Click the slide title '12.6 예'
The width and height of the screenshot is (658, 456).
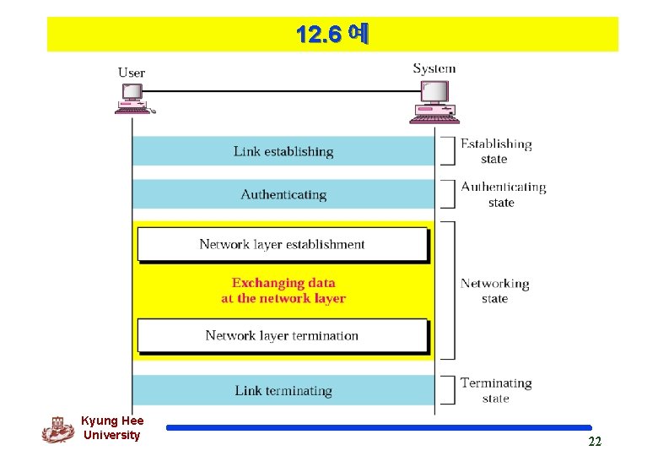pos(332,35)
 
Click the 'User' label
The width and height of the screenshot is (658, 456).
pos(132,73)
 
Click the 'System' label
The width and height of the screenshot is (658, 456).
pos(434,69)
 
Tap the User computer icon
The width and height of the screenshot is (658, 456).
pos(132,100)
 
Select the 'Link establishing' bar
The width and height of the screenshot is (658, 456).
pos(283,151)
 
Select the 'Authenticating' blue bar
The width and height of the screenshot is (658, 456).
pos(283,194)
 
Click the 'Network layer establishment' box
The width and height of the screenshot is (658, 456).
pos(282,244)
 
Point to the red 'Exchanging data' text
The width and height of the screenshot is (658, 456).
pos(283,290)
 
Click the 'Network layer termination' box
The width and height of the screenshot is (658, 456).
pos(282,335)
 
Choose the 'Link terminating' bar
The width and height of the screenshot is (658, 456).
pos(283,390)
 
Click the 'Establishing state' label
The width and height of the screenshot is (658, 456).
pos(495,151)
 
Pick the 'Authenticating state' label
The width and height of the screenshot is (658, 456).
pos(503,194)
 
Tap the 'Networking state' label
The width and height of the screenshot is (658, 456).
pos(494,290)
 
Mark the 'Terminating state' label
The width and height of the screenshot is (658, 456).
pos(496,390)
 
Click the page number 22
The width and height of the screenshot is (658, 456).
pos(595,442)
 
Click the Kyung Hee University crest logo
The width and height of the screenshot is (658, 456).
pos(58,429)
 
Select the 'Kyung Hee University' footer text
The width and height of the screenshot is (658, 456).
pos(112,428)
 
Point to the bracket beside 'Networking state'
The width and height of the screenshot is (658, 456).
pos(449,290)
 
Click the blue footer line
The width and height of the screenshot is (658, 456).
pos(379,428)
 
